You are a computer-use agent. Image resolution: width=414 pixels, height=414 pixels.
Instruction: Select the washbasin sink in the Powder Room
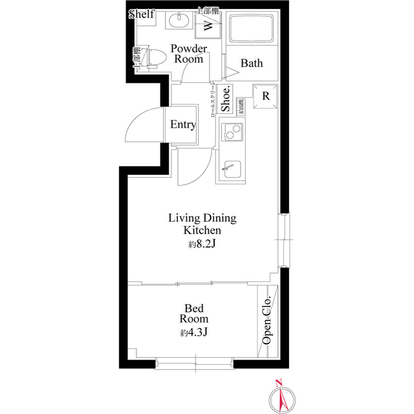[x=177, y=21]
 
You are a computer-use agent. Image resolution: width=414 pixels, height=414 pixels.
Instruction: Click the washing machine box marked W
[x=208, y=26]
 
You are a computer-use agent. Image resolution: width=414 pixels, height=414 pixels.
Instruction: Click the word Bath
[x=251, y=63]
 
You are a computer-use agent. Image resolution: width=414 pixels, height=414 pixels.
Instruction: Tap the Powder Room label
[x=189, y=54]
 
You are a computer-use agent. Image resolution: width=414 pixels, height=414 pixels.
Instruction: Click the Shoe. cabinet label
[x=226, y=101]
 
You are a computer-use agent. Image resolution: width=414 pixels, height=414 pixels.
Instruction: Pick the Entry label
[x=182, y=125]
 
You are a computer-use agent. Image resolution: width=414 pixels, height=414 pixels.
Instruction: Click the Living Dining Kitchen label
[x=202, y=224]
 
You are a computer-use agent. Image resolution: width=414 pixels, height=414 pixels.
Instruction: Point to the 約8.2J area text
[x=202, y=245]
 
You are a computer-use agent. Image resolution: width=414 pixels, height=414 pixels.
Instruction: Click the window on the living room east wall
[x=285, y=239]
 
